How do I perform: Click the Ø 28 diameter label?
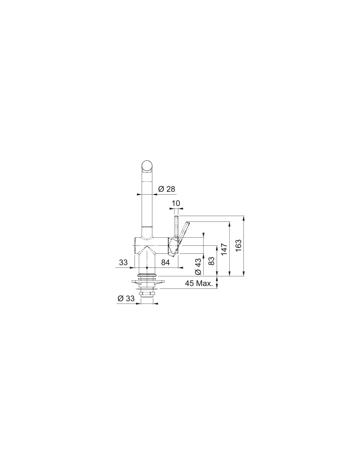coord(167,189)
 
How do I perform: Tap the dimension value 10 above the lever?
coord(176,203)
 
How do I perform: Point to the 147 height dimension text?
coord(224,249)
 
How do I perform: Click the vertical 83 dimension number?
coord(211,261)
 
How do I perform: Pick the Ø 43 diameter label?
coord(198,267)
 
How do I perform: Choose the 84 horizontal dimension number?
coord(166,262)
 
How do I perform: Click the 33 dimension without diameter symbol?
coord(123,262)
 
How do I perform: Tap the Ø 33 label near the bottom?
coord(126,298)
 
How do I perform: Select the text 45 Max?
coord(199,284)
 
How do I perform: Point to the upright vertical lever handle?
coord(176,227)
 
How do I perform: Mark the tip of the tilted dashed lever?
coord(188,223)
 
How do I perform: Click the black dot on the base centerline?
coord(147,268)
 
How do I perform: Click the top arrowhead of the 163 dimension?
coord(244,218)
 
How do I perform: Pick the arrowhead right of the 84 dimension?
coord(181,268)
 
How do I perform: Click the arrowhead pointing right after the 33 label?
coord(132,268)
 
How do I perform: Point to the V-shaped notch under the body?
coord(147,249)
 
